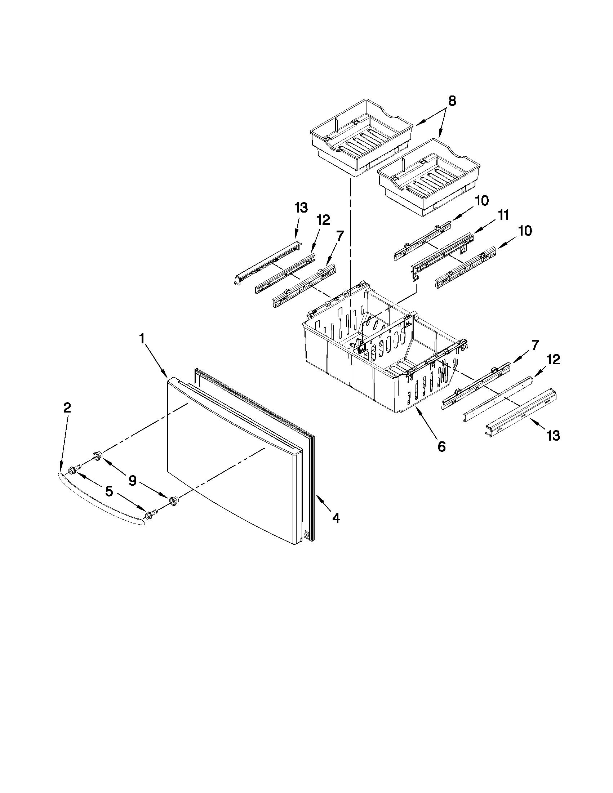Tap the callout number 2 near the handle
pos(67,408)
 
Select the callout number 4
pos(336,518)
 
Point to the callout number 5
pos(109,492)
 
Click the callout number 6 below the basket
pos(441,447)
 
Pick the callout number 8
pos(452,101)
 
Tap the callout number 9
pos(133,481)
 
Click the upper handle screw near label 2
pos(73,469)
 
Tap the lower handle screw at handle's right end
pos(150,514)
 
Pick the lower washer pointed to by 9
pos(174,501)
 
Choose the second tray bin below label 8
pos(428,178)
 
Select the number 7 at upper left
pos(339,236)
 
